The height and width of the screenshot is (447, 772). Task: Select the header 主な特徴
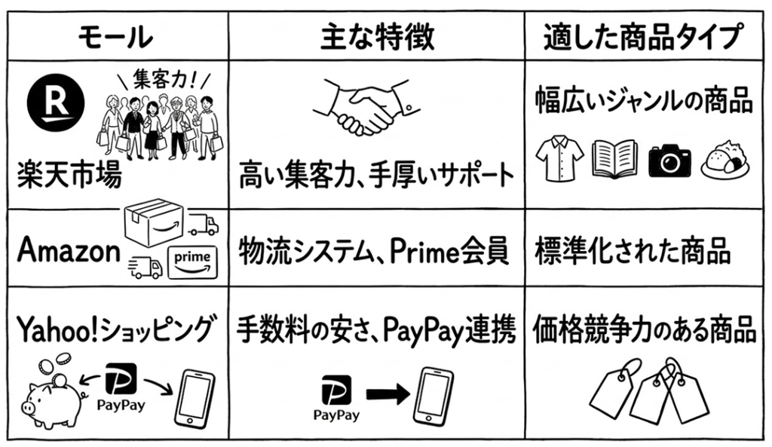coord(377,35)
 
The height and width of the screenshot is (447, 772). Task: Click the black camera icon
coord(669,159)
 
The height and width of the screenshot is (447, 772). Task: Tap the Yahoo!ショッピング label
coord(114,329)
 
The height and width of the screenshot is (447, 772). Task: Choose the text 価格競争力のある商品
coord(645,329)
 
